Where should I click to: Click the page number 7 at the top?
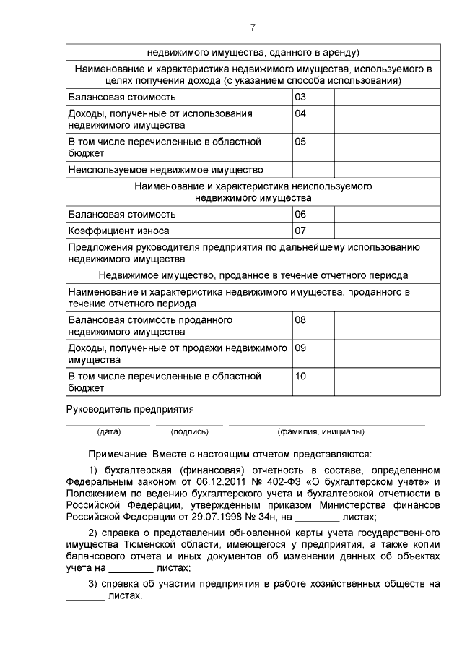253,27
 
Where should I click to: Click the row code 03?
301,97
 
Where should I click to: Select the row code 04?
301,114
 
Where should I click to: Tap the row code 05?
301,142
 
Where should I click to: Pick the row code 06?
301,215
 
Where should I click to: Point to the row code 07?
301,231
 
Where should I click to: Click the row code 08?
301,319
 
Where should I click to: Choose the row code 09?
301,348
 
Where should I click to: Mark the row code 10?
301,377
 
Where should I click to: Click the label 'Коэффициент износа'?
118,231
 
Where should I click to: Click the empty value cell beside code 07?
383,231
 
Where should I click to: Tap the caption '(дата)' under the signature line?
108,432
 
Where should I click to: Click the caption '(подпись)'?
189,432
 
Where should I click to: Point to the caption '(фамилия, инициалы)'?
321,432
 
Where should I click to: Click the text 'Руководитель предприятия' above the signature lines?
131,409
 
